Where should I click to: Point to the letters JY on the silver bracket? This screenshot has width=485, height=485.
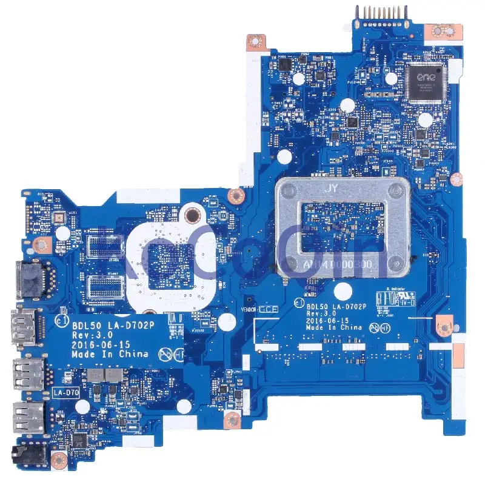pyautogui.click(x=332, y=188)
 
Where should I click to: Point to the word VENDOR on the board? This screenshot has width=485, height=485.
pyautogui.click(x=250, y=309)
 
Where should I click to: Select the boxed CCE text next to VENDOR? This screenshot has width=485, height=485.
pyautogui.click(x=267, y=309)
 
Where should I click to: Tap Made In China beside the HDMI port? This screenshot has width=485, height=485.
pyautogui.click(x=110, y=353)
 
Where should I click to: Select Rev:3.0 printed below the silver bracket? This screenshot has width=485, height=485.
pyautogui.click(x=321, y=313)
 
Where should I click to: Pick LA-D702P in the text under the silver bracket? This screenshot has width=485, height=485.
pyautogui.click(x=345, y=306)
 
